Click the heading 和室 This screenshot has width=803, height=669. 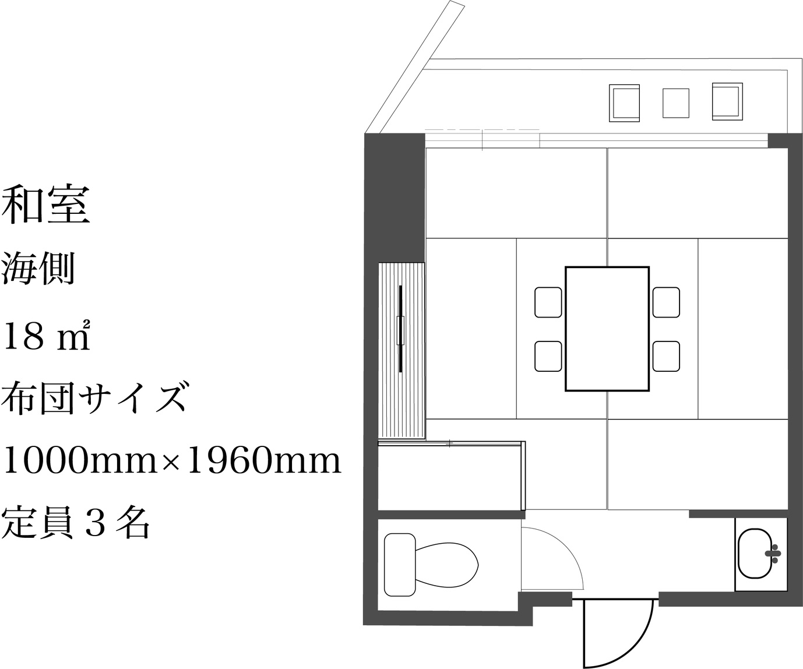coord(46,205)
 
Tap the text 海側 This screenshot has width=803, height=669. coord(38,269)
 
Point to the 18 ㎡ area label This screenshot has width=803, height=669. coord(47,336)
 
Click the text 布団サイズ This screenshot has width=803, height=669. coord(94,397)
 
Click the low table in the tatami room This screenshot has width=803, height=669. coord(607,329)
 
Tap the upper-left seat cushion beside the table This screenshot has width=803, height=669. coord(548,302)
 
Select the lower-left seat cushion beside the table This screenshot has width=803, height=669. coord(548,356)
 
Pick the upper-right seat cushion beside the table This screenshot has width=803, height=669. coord(666,302)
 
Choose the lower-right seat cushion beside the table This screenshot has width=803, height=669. coord(666,356)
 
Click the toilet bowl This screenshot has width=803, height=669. coord(447,565)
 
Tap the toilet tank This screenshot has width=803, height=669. coord(400,565)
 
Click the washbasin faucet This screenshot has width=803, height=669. coord(773,554)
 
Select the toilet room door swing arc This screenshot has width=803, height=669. coord(565,545)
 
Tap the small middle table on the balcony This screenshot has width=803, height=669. coord(676,103)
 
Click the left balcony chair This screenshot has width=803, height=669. coord(624,103)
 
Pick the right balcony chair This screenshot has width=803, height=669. coord(727,101)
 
